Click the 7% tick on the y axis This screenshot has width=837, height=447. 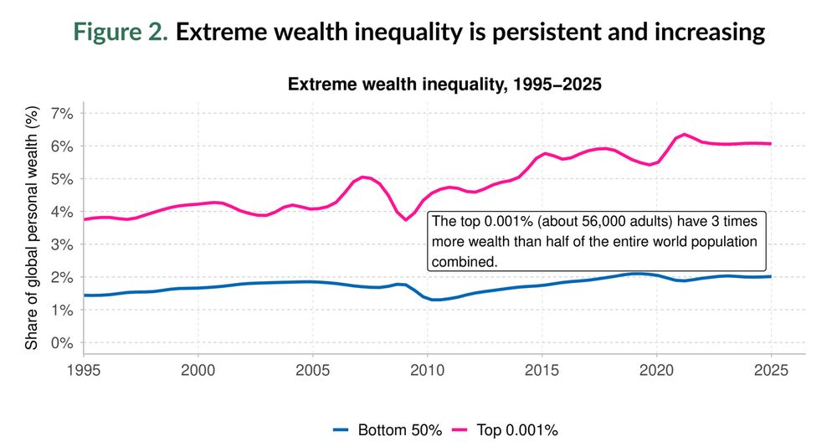pyautogui.click(x=62, y=113)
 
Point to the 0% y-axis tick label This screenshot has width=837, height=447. pyautogui.click(x=62, y=343)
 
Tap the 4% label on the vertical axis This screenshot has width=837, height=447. pyautogui.click(x=62, y=212)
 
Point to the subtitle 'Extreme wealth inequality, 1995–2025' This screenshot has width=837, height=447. pyautogui.click(x=444, y=85)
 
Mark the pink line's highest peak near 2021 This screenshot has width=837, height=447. pyautogui.click(x=685, y=134)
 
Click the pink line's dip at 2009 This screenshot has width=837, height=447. pyautogui.click(x=406, y=219)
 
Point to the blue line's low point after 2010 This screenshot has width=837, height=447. pyautogui.click(x=435, y=299)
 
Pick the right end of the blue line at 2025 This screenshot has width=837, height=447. pyautogui.click(x=771, y=276)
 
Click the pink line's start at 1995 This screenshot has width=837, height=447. pyautogui.click(x=84, y=219)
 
